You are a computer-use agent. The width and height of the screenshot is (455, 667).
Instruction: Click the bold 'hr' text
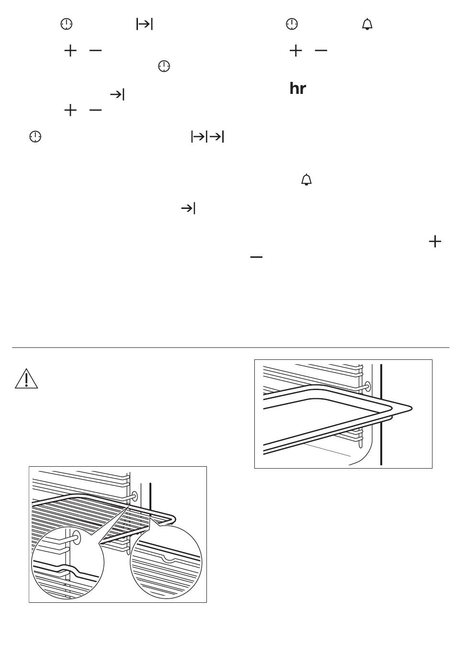coord(297,89)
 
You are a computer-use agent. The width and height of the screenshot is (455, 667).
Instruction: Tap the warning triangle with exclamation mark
coord(26,379)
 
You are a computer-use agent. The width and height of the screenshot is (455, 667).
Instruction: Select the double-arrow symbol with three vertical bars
coord(207,137)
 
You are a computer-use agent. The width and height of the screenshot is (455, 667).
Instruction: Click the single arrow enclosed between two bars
coord(144,24)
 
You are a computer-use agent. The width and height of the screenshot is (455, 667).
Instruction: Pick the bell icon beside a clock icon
coord(367,24)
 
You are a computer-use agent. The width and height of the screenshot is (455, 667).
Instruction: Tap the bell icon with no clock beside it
coord(306,180)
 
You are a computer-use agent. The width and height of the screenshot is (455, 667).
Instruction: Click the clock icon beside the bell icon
coord(292,24)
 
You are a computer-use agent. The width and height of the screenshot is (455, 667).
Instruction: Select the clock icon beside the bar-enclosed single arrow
coord(67,24)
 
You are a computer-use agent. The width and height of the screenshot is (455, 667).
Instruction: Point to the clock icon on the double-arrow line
coord(35,137)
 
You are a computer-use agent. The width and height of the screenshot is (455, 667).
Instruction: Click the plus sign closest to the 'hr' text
coord(296,51)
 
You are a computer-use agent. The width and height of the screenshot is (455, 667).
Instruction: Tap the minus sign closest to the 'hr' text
coord(321,51)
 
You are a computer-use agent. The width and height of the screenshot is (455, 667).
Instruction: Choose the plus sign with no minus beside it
coord(435,241)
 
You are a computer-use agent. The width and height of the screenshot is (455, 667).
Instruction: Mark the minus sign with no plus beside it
coord(256,257)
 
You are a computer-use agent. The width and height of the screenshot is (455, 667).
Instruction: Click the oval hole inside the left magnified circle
coord(77,537)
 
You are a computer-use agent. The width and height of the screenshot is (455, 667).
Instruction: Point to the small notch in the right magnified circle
coord(169,559)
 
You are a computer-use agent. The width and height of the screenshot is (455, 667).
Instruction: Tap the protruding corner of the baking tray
coord(412,408)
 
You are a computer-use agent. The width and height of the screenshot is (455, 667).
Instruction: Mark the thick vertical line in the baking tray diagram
coord(381,414)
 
